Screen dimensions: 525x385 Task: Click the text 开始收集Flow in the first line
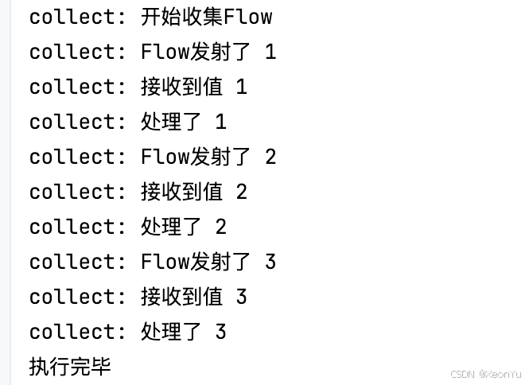pyautogui.click(x=206, y=16)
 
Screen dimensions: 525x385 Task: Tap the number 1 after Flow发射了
pyautogui.click(x=270, y=52)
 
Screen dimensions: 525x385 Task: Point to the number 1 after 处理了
pyautogui.click(x=221, y=122)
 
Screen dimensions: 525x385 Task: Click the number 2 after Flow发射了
pyautogui.click(x=270, y=157)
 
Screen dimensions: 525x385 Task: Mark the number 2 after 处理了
pyautogui.click(x=221, y=227)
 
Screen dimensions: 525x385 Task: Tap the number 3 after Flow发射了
pyautogui.click(x=270, y=262)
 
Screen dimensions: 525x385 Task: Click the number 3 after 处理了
pyautogui.click(x=221, y=332)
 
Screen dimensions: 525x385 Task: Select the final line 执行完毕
pyautogui.click(x=70, y=367)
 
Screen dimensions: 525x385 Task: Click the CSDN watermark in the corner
pyautogui.click(x=485, y=374)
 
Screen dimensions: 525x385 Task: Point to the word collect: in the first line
pyautogui.click(x=77, y=16)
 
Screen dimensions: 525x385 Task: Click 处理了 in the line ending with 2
pyautogui.click(x=170, y=227)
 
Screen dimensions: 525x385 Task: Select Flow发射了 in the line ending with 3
pyautogui.click(x=196, y=262)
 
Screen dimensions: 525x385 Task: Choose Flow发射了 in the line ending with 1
pyautogui.click(x=196, y=52)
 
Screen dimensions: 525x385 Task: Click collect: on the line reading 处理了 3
pyautogui.click(x=77, y=332)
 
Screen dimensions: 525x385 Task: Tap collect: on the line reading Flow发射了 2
pyautogui.click(x=77, y=157)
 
